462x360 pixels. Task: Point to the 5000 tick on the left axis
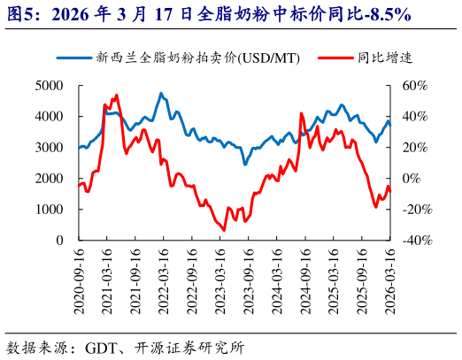tap(50, 86)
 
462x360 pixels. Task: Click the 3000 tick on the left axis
tap(50, 148)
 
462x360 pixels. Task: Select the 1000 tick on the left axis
tap(50, 210)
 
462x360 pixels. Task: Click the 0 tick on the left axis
tap(59, 241)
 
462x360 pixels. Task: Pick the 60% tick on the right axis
tap(415, 86)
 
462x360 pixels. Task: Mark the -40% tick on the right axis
tap(413, 241)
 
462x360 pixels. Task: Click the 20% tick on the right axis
tap(415, 148)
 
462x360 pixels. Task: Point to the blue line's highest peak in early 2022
tap(161, 93)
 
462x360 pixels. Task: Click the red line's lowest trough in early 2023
tap(223, 230)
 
